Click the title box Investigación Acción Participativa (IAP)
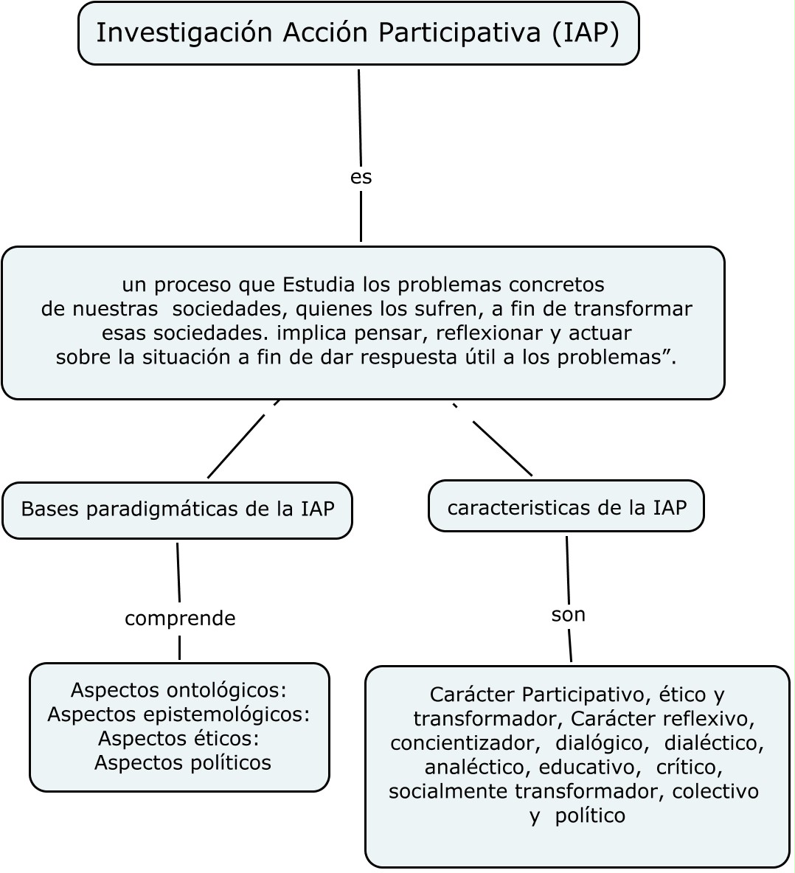[358, 33]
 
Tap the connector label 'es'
[361, 177]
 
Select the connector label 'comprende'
[180, 619]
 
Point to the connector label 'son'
[568, 614]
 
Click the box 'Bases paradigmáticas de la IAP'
[177, 509]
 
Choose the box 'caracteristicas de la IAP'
[566, 507]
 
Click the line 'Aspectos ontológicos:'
[178, 690]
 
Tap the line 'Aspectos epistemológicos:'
[178, 714]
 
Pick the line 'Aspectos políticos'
[182, 762]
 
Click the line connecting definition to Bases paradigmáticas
[236, 446]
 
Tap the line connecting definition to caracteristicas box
[501, 448]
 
